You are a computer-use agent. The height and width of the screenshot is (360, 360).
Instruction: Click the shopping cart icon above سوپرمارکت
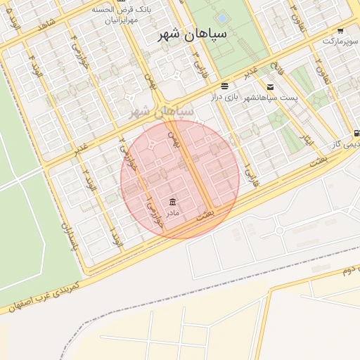(341, 31)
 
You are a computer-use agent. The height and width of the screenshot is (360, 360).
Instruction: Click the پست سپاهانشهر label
(270, 97)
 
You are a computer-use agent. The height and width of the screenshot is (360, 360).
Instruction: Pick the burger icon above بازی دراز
(224, 86)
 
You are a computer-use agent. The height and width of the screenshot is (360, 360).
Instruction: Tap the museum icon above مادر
(172, 202)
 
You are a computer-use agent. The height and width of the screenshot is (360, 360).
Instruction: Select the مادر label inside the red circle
(172, 212)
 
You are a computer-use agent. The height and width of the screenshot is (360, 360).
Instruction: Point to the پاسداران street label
(67, 236)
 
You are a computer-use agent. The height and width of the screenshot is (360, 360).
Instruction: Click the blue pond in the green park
(222, 17)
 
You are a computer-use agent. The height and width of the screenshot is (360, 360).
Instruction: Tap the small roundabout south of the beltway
(279, 230)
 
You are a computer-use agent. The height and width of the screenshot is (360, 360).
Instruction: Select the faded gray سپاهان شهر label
(144, 111)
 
